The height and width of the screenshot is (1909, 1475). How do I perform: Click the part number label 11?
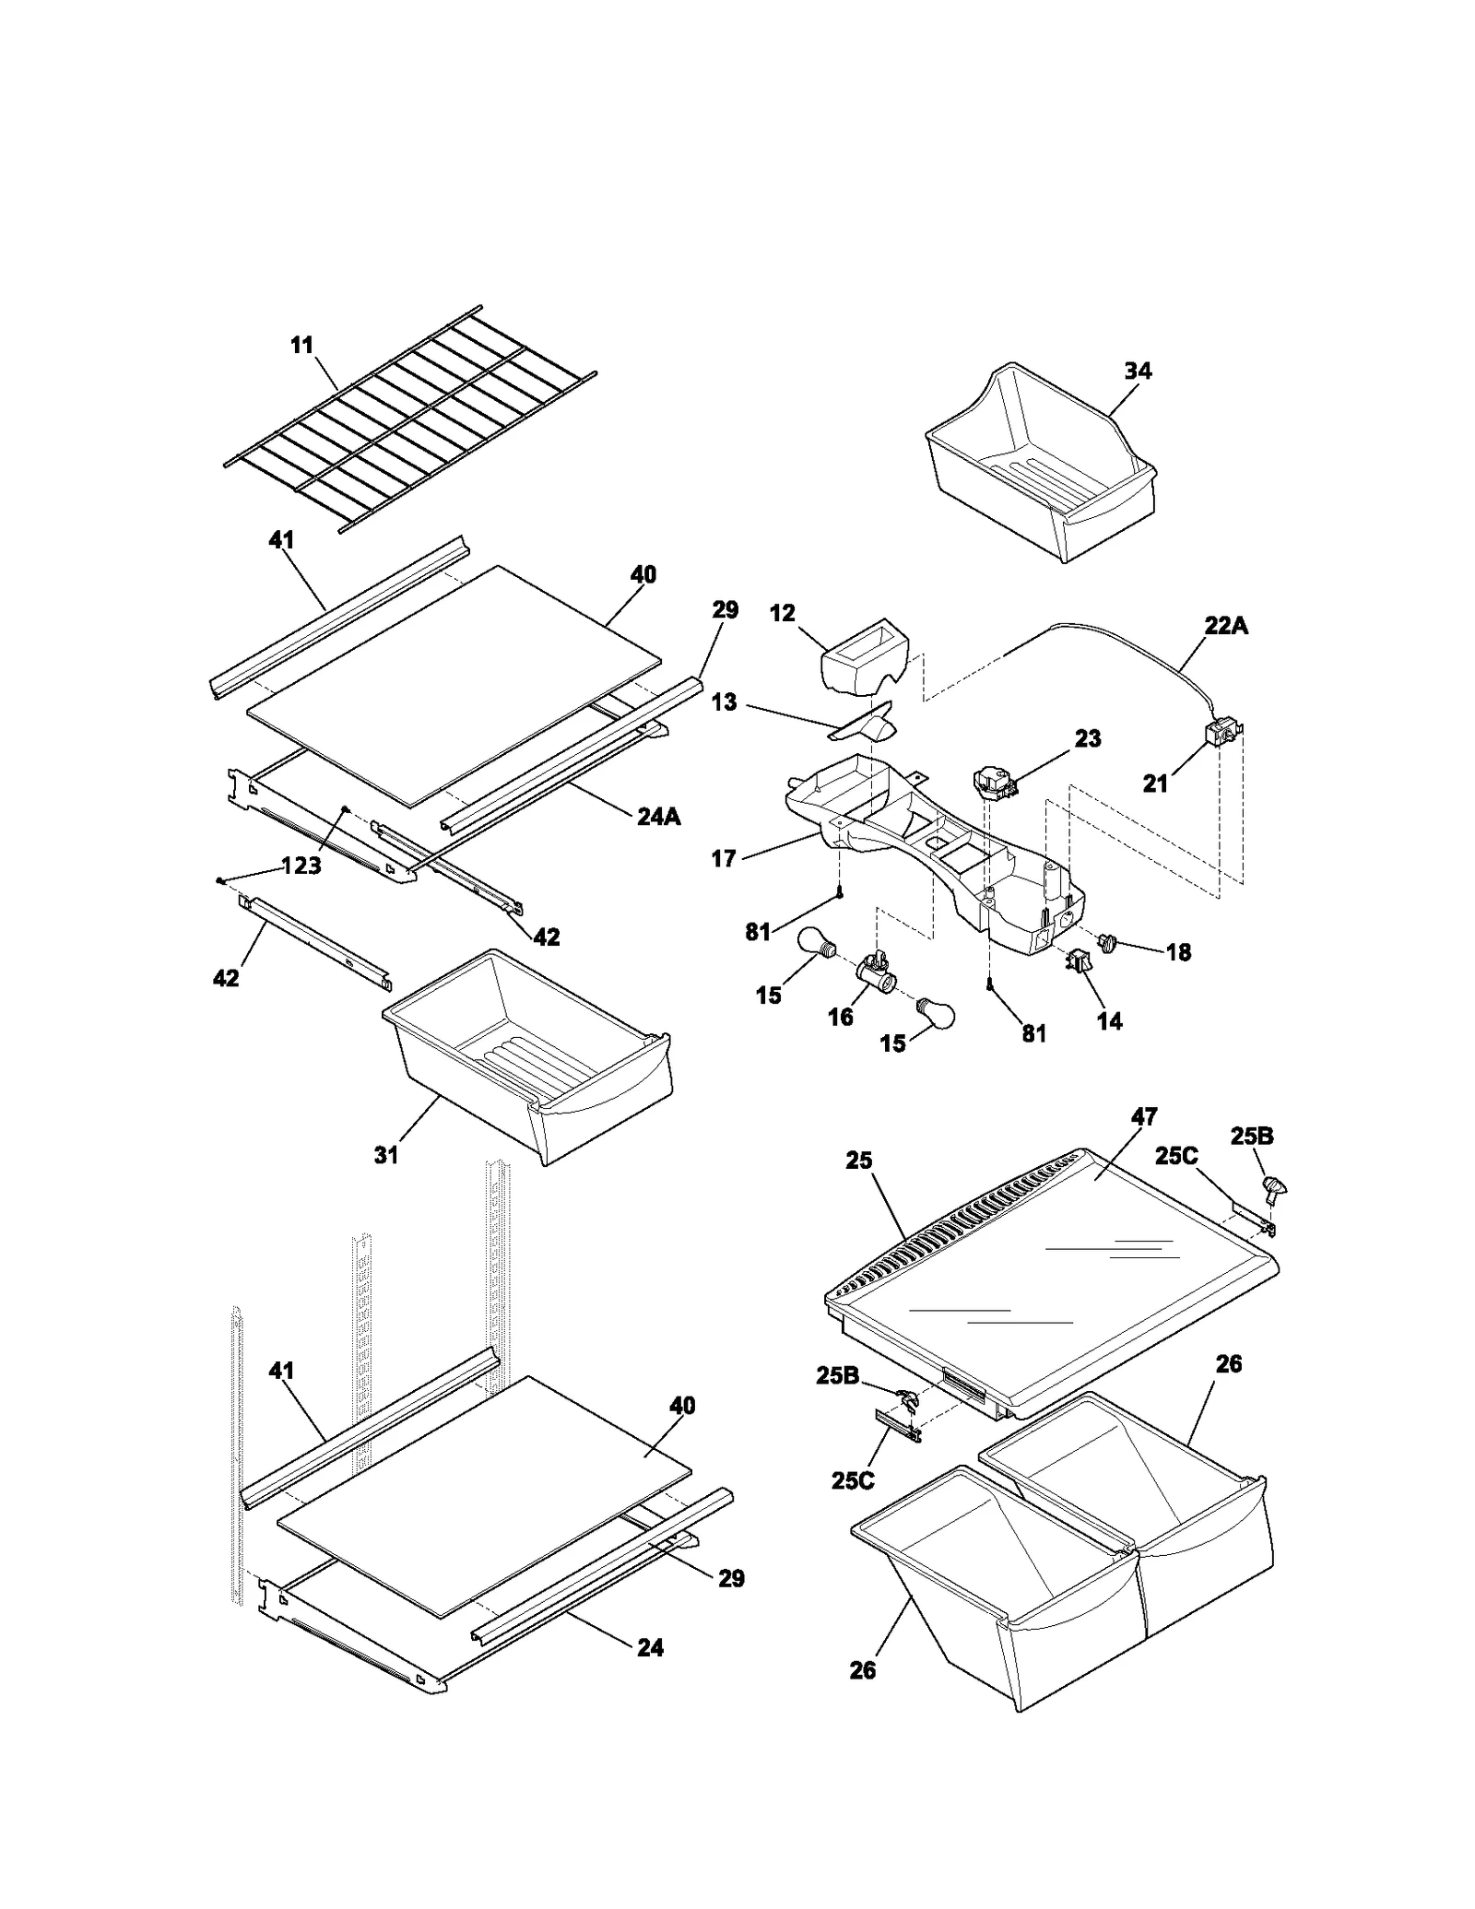click(x=301, y=346)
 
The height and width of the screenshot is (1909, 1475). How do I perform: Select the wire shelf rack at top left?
click(x=410, y=419)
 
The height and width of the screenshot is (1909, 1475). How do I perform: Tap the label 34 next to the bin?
click(x=1138, y=371)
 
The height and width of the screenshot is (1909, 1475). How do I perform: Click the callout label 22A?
click(x=1225, y=626)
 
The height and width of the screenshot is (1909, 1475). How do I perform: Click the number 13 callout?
click(x=725, y=702)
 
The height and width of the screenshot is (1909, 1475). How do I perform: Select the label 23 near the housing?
click(x=1088, y=738)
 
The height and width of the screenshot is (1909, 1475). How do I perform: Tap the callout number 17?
click(x=724, y=858)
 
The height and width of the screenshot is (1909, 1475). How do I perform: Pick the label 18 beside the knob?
click(x=1178, y=952)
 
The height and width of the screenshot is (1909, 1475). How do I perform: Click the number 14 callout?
click(x=1110, y=1020)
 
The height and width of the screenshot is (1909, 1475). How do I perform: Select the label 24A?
click(x=659, y=816)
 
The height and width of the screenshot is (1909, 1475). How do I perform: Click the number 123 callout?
click(x=301, y=866)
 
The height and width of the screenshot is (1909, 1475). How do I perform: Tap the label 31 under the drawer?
click(x=385, y=1154)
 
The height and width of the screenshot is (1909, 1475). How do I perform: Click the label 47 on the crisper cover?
click(x=1144, y=1117)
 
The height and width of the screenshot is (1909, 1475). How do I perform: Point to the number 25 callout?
click(x=858, y=1161)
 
